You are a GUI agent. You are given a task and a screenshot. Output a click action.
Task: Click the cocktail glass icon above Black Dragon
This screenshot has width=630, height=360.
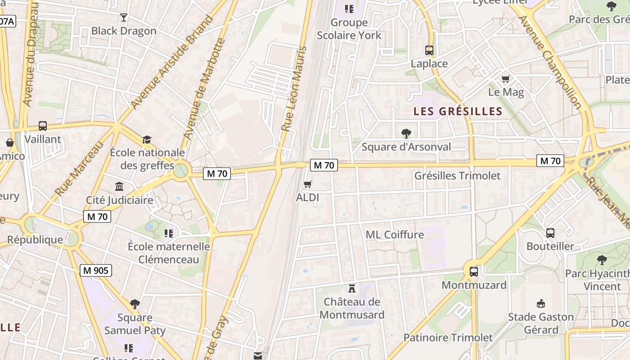click(124, 18)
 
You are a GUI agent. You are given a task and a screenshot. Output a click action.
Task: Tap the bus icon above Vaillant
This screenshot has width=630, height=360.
click(43, 126)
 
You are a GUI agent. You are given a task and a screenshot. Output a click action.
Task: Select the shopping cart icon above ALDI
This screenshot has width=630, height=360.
click(308, 184)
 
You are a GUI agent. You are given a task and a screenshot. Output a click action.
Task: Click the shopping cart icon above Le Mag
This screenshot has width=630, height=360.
click(506, 79)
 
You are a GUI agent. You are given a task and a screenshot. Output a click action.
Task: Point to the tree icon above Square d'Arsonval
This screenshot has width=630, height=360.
click(406, 133)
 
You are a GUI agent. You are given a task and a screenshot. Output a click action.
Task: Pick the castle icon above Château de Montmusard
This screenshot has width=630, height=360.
click(352, 288)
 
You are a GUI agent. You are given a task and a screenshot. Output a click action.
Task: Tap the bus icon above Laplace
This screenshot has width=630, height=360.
click(429, 50)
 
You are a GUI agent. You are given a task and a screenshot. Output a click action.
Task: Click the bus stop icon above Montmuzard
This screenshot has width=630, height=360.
click(474, 271)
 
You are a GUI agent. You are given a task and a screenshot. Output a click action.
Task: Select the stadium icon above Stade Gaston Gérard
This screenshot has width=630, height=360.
click(541, 303)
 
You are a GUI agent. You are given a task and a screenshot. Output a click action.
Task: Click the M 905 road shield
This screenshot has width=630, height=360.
click(96, 270)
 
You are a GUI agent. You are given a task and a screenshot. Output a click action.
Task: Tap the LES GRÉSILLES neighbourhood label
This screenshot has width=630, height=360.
click(458, 112)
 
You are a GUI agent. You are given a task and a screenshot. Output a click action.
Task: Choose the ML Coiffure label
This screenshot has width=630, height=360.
click(395, 234)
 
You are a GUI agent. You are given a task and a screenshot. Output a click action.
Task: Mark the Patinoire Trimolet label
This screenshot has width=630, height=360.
click(448, 337)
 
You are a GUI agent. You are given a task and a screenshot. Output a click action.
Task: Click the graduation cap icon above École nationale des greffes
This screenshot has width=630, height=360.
click(147, 139)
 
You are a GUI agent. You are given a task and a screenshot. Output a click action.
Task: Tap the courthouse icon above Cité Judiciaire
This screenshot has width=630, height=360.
click(119, 186)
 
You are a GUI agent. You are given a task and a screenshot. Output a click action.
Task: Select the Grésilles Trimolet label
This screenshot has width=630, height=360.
click(457, 175)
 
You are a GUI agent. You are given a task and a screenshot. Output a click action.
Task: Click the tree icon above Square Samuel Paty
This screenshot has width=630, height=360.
click(135, 304)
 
